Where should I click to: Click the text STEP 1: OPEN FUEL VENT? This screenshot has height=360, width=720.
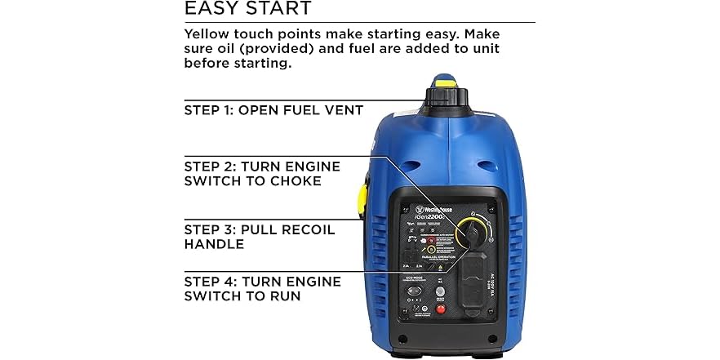click(273, 110)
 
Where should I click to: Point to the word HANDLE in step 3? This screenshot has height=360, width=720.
click(214, 244)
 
